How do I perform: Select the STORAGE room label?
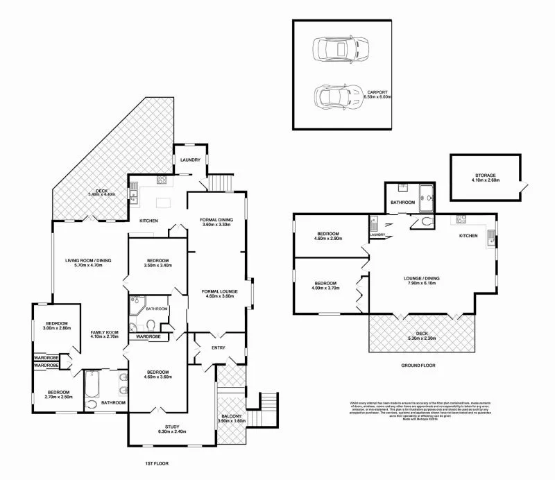pos(485,175)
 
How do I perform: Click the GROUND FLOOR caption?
pos(418,364)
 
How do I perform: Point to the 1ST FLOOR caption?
pos(156,463)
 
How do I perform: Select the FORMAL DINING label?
pos(216,220)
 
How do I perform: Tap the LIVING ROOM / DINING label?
pos(89,260)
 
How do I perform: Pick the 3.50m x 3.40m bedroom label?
pos(157,261)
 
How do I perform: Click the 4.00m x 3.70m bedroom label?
pos(325,283)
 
